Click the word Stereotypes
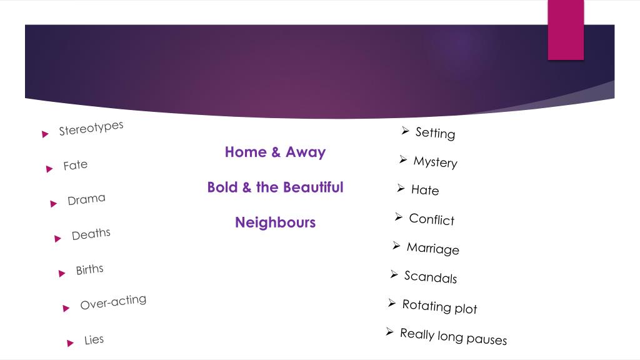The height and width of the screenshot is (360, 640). tap(91, 128)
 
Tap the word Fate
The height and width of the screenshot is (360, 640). tap(76, 166)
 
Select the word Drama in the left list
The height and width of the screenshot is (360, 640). tap(86, 200)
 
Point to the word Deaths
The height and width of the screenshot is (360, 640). tap(91, 234)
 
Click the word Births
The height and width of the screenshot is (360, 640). tap(89, 269)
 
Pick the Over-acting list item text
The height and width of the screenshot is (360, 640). tap(113, 302)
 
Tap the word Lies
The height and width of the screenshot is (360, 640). tap(94, 340)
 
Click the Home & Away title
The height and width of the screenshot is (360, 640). tap(275, 152)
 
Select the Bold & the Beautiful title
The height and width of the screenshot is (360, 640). tap(275, 187)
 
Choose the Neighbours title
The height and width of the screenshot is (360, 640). tap(275, 222)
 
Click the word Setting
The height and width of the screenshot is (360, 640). tap(435, 133)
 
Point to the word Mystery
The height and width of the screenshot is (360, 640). tap(435, 162)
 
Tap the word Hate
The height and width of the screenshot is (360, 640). tap(425, 190)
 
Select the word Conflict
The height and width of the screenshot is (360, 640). tap(431, 219)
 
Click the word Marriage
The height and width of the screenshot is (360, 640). tap(432, 249)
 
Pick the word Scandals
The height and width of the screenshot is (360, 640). tap(430, 277)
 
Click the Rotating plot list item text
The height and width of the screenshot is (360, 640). tap(439, 306)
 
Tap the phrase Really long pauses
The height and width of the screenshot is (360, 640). tap(453, 336)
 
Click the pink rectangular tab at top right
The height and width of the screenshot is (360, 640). tap(566, 29)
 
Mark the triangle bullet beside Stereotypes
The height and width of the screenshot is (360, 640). tap(45, 134)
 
